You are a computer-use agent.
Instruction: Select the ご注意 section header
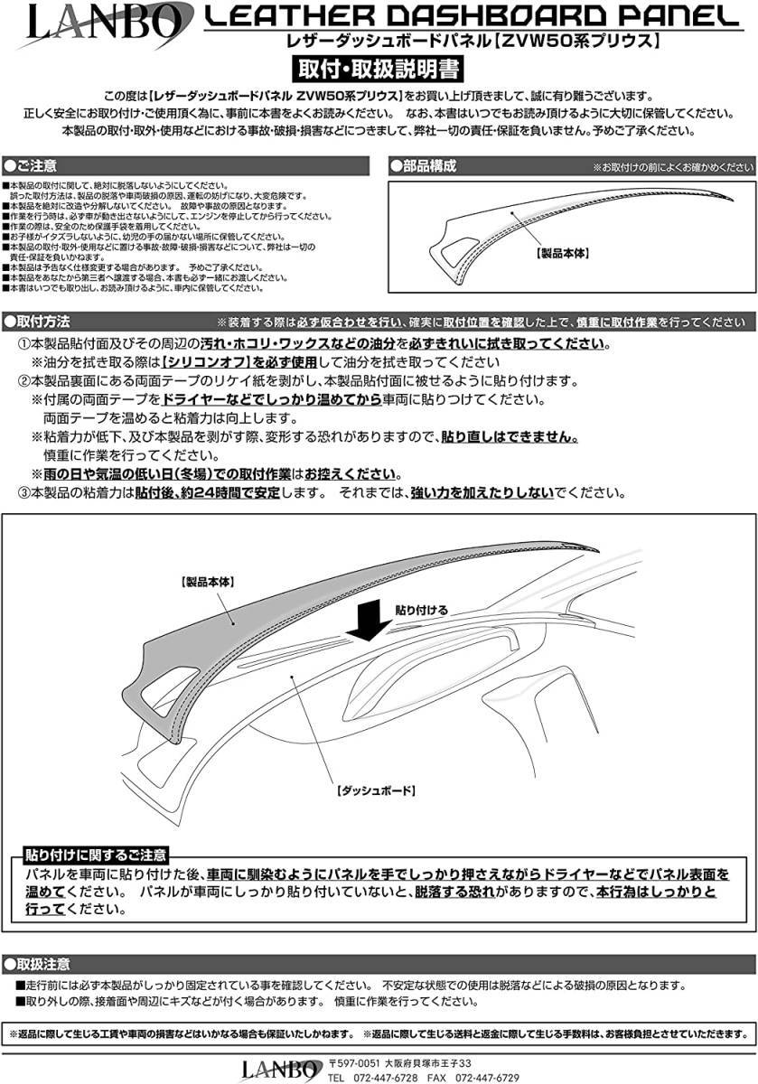36,166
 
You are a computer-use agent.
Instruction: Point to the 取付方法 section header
41,322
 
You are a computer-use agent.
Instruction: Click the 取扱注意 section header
41,964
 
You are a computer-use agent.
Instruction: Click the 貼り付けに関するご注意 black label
95,855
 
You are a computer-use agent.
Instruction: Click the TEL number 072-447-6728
387,1078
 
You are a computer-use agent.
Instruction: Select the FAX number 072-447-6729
487,1078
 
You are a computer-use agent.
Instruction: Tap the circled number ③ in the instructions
24,493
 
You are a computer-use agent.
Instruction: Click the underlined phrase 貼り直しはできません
509,436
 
